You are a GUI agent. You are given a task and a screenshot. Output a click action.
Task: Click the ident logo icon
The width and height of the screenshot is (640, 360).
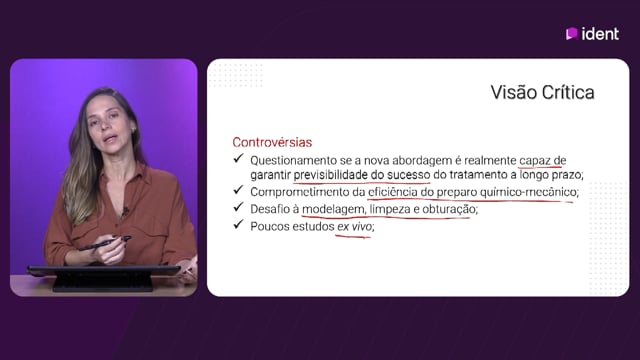pyautogui.click(x=571, y=33)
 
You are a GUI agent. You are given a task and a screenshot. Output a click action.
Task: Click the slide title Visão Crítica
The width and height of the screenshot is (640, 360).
pyautogui.click(x=542, y=92)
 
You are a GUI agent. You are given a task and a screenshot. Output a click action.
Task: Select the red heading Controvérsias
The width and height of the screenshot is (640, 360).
pyautogui.click(x=272, y=142)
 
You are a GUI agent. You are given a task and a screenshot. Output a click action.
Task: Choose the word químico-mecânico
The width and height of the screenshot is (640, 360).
pyautogui.click(x=529, y=192)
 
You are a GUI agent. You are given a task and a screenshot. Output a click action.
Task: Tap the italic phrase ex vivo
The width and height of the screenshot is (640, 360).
pyautogui.click(x=355, y=226)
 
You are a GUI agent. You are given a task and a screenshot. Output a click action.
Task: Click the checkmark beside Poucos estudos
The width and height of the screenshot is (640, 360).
pyautogui.click(x=238, y=224)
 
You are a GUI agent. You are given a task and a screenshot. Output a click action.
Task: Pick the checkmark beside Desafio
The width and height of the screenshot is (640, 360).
pyautogui.click(x=238, y=207)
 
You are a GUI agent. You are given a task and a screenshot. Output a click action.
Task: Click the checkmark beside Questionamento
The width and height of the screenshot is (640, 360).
pyautogui.click(x=238, y=158)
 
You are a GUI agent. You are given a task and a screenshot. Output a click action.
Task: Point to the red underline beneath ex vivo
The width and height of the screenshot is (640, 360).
pyautogui.click(x=353, y=236)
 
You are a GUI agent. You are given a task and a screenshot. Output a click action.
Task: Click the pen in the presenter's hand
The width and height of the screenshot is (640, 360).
pyautogui.click(x=105, y=243)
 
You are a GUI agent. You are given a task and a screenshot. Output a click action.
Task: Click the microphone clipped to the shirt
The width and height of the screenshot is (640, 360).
pyautogui.click(x=125, y=211)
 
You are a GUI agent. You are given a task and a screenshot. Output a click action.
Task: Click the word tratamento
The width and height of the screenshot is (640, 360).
pyautogui.click(x=478, y=175)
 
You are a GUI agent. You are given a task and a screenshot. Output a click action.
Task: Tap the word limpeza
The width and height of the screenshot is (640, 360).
pyautogui.click(x=390, y=209)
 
